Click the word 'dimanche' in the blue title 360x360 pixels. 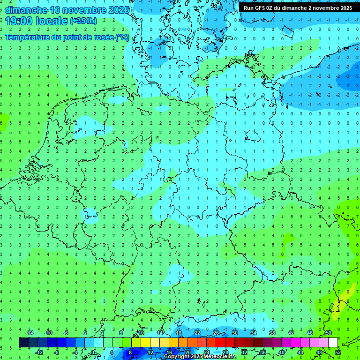coord(26,9)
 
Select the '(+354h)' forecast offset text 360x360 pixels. coord(83,21)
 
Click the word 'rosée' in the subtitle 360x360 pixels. coord(104,37)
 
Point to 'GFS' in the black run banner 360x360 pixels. coord(262,8)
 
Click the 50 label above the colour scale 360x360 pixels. coord(328,333)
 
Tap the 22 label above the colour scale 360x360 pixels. coord(197,333)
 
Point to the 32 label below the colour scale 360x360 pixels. coord(244,352)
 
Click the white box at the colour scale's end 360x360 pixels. coord(333,343)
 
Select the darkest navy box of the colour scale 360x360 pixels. coord(24,343)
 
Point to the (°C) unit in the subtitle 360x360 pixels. coord(122,37)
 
